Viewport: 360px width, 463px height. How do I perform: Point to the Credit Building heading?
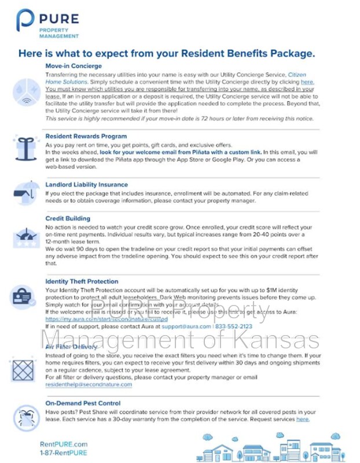point(68,219)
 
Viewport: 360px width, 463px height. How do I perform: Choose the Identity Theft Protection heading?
point(82,281)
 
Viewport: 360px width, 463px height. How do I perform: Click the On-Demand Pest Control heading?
point(83,403)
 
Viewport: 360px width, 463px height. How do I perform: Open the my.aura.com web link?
point(106,319)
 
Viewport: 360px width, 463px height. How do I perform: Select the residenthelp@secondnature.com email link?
point(89,384)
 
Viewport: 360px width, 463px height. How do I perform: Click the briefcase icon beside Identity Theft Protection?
point(22,298)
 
